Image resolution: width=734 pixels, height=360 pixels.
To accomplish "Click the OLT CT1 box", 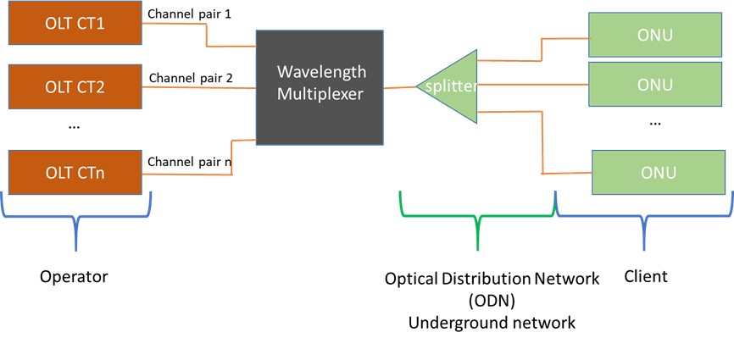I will pos(74,23).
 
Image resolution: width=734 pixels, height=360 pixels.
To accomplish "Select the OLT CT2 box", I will pos(74,86).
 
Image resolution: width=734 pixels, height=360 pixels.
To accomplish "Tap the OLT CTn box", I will pos(74,173).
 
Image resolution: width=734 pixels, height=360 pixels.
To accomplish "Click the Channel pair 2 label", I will pos(191,79).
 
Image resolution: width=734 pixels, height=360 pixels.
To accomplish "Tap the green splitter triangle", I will pos(448,86).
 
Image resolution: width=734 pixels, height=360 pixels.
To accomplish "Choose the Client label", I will pos(645,276).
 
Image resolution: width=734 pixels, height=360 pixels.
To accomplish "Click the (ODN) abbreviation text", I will pos(492,300).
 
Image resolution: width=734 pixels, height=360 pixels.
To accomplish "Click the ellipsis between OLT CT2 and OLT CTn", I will pos(73,127).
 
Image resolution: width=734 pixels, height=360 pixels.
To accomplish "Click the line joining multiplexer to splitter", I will pos(401,87).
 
